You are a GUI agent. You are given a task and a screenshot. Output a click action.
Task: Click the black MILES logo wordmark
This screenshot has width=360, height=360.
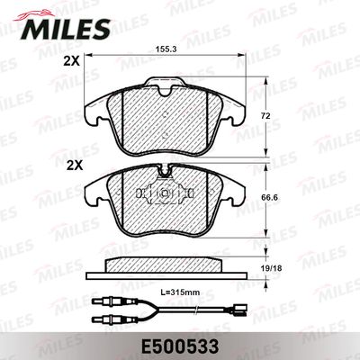tap(66, 30)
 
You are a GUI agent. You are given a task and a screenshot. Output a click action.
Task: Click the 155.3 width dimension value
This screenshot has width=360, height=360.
tap(165, 49)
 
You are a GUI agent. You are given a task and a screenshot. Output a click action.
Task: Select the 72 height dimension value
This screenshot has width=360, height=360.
tap(265, 116)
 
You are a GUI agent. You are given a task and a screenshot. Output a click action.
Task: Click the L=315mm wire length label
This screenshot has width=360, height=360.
tap(180, 292)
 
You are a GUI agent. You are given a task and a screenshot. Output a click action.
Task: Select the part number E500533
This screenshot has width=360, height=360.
tap(180, 347)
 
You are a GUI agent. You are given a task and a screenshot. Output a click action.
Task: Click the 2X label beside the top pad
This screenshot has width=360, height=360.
tap(71, 61)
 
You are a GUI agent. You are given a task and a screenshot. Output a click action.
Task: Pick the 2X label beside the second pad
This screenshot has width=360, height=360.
tap(75, 166)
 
